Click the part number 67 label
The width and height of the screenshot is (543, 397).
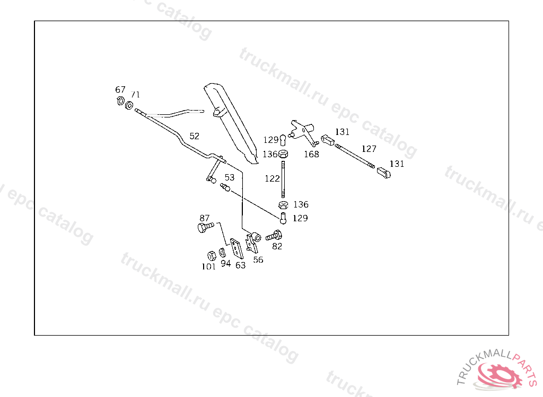[120, 89]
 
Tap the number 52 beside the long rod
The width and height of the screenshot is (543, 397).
[195, 136]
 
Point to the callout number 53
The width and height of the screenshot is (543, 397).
[229, 177]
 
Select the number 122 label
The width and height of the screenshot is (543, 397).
[272, 178]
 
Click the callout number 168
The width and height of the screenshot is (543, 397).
[311, 154]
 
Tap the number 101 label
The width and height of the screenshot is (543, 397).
[208, 266]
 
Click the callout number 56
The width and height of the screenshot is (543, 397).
[258, 259]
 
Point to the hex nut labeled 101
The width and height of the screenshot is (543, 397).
[209, 255]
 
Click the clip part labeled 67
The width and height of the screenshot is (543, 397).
[120, 101]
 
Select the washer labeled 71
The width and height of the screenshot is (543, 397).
[129, 105]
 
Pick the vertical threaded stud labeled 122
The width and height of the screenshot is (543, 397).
[283, 180]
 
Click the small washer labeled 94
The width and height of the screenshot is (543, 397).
[223, 251]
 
